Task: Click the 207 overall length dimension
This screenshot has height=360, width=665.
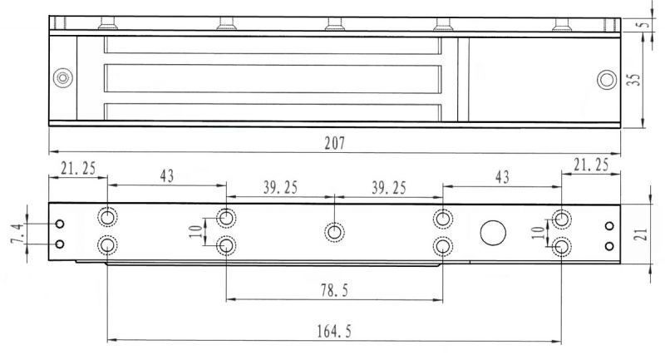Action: (x=335, y=143)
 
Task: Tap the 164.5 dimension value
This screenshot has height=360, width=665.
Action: (x=334, y=331)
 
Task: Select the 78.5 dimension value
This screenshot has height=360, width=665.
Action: (x=334, y=290)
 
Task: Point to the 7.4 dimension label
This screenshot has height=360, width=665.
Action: (x=17, y=234)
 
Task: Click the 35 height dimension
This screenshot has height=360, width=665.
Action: (x=633, y=79)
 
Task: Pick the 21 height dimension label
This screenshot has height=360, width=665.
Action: (x=641, y=234)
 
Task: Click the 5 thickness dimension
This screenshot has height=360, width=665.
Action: (x=645, y=24)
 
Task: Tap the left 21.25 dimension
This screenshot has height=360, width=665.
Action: (x=78, y=168)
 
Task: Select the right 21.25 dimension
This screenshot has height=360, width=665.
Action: (x=591, y=165)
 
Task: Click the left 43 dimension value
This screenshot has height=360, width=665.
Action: (x=167, y=175)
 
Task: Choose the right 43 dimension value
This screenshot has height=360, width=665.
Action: (x=502, y=177)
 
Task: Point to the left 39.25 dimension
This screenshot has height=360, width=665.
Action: (x=280, y=187)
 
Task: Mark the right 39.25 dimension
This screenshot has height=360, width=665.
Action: (x=389, y=188)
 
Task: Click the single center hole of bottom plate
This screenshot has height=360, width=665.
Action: (x=334, y=232)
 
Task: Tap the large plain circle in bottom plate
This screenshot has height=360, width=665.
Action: (x=493, y=233)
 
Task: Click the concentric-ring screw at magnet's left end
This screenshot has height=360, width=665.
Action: (x=63, y=78)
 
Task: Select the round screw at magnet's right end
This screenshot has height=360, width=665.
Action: (x=607, y=80)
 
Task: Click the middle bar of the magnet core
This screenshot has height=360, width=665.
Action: (x=273, y=78)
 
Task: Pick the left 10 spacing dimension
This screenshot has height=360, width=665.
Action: (x=196, y=231)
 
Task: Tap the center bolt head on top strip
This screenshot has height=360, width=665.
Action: (x=335, y=24)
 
